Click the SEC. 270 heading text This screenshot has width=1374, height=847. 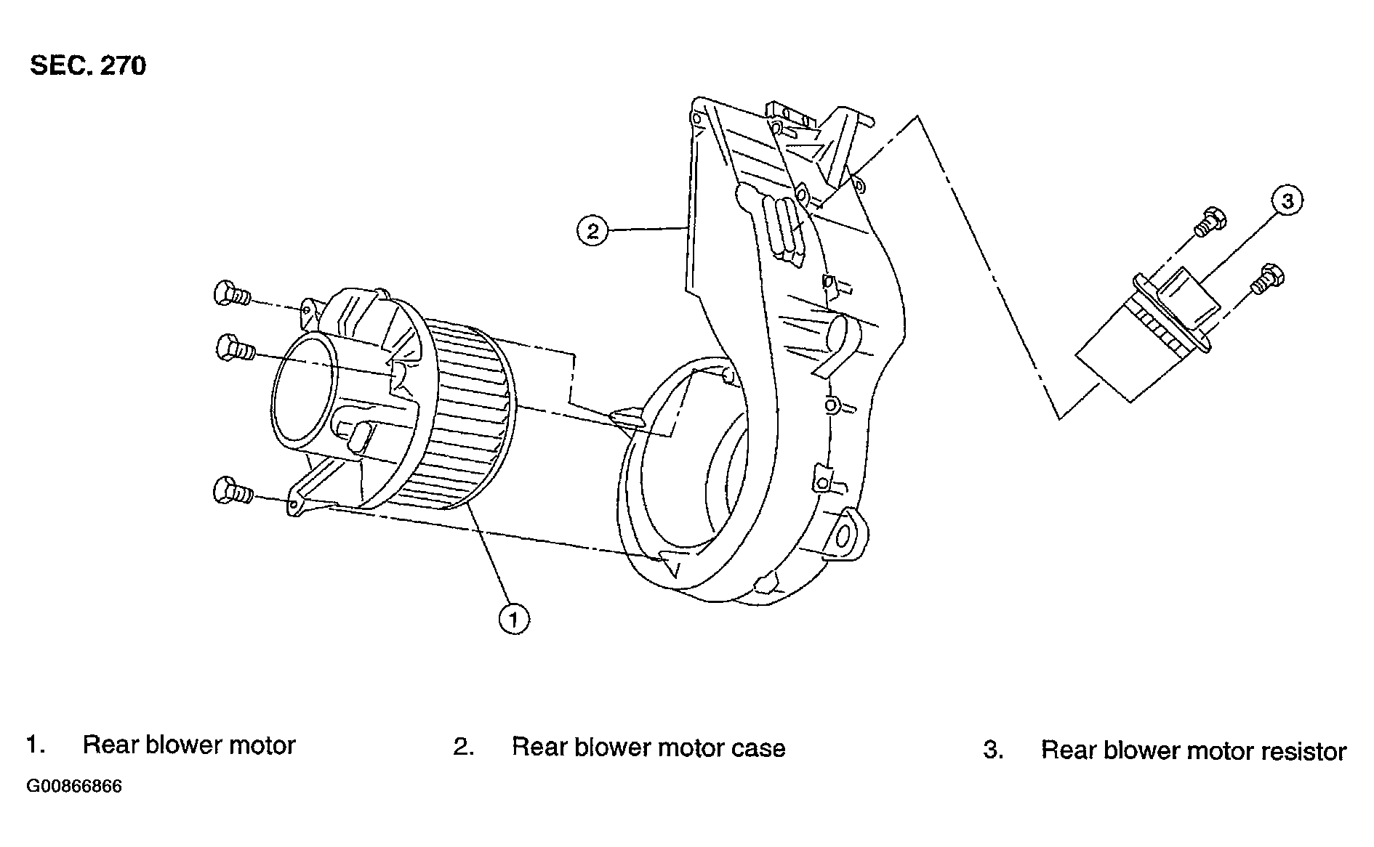coord(87,66)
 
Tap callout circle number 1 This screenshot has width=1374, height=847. coord(514,619)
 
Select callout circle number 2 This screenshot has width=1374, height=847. coord(592,232)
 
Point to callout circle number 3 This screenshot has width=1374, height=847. coord(1287,200)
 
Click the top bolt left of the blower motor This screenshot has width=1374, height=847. coord(231,294)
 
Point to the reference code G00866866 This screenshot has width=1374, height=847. coord(74,787)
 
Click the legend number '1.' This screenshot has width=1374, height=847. coord(36,745)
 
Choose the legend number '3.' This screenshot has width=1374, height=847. coord(993,750)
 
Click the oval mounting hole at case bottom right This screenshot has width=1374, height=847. coord(844,536)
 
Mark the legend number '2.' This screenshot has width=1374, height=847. coord(464,747)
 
